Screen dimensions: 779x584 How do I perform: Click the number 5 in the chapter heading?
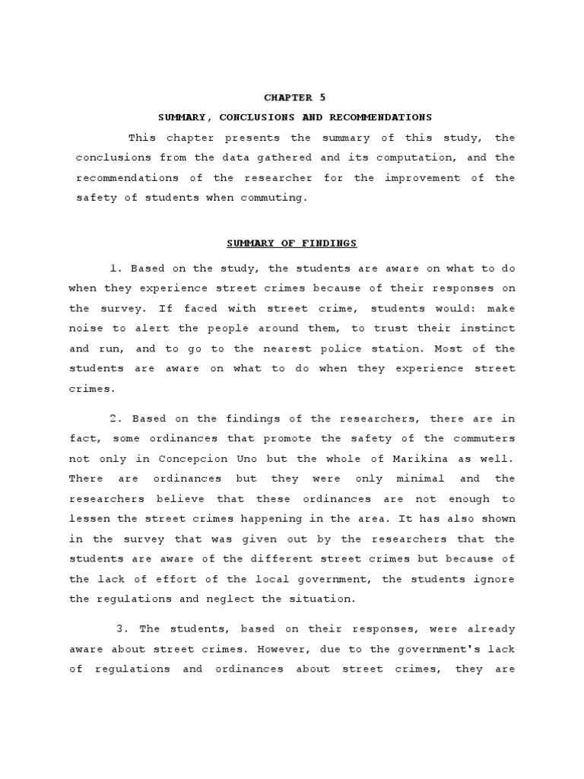point(311,97)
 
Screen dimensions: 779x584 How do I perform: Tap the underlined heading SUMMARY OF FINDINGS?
point(292,243)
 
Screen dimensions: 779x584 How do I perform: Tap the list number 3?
point(122,629)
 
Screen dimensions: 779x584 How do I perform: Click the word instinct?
point(489,328)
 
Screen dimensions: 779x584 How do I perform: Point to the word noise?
point(85,328)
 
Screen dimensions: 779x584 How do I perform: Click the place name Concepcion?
point(194,459)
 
